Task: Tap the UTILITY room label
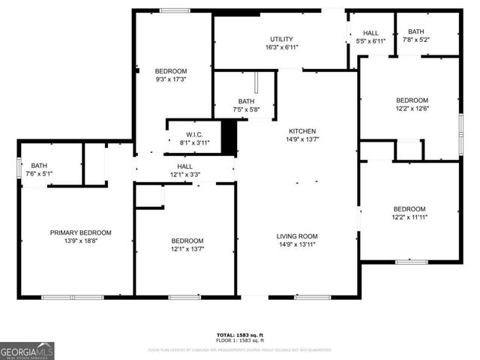pos(281,39)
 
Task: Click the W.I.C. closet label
pos(193,134)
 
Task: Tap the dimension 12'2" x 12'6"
pos(412,108)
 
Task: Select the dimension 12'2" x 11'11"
pos(409,217)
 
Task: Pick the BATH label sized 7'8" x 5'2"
pos(415,31)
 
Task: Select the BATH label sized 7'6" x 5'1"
pos(37,166)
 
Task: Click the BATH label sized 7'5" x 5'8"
pos(246,101)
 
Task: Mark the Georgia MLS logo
pos(27,350)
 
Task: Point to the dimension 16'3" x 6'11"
pos(281,47)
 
